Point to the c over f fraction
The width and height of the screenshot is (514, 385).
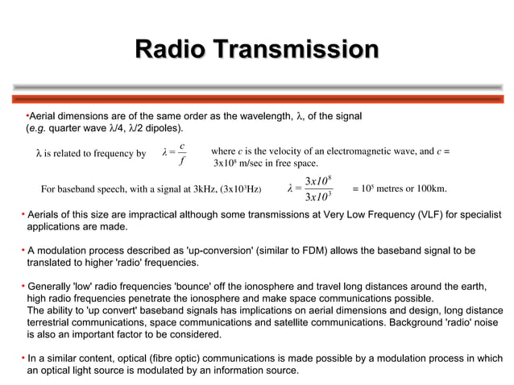[183, 153]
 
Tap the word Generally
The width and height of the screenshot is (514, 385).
[53, 287]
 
